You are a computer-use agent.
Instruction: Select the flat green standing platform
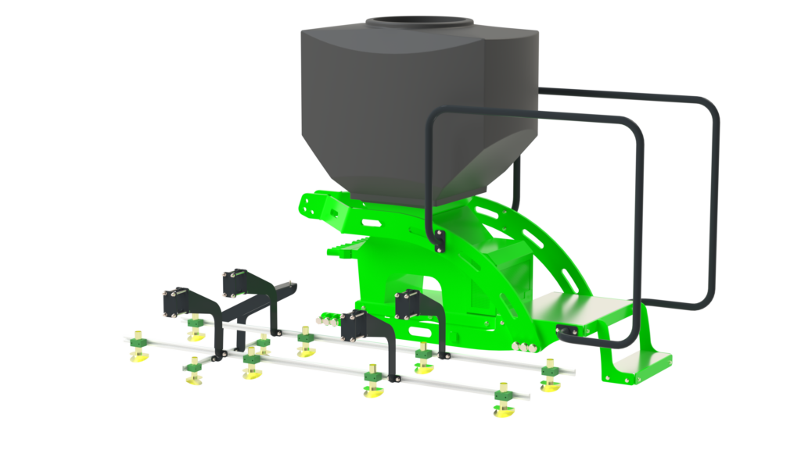tap(579, 311)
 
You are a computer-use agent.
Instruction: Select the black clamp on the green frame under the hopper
tap(439, 239)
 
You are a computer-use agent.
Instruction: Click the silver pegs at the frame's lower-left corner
tap(324, 319)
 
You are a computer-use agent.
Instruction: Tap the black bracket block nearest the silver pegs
tap(356, 325)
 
